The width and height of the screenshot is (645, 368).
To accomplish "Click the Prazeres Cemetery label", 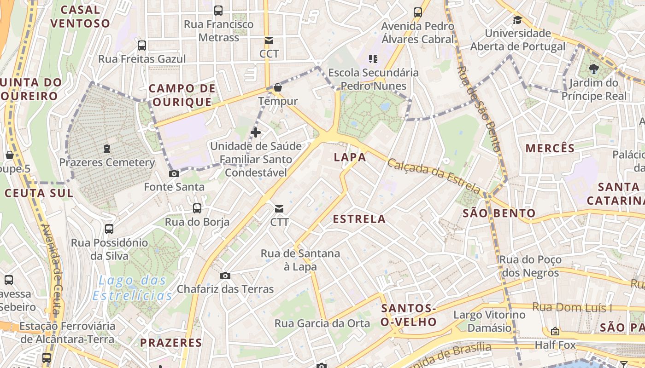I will pos(107,162).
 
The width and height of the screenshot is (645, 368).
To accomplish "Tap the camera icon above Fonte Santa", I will pos(174,173).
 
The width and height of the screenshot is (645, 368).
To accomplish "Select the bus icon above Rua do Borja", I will pos(197,208).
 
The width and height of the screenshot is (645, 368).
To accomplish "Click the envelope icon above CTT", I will pos(279,209).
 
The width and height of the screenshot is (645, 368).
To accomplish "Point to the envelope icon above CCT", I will pos(269,40).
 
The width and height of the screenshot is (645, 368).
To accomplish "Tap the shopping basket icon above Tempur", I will pos(277,87).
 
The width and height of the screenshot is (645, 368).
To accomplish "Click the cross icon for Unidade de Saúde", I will pos(255,133).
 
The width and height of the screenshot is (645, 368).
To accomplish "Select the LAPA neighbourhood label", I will pos(350,157).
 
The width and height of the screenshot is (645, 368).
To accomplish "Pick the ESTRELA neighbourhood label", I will pos(359,219).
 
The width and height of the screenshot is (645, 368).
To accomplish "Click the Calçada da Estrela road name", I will pos(434,175).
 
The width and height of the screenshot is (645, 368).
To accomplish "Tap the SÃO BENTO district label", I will pos(498,213).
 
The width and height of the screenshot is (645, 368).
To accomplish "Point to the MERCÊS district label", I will pos(550,148).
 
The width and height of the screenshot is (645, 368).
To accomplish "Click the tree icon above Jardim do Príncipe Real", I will pos(593,69).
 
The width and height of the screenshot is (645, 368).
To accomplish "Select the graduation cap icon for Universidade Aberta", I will pos(518,20).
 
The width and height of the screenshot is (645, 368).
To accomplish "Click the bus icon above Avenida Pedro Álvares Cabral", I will pos(418,12).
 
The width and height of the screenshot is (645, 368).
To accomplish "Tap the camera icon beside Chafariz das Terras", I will pos(225,276).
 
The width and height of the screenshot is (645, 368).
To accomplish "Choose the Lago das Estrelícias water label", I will pos(133,287).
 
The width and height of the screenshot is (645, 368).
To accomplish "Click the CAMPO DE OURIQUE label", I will pos(182,95).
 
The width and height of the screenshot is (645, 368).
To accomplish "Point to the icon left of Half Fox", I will pos(555,331).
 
